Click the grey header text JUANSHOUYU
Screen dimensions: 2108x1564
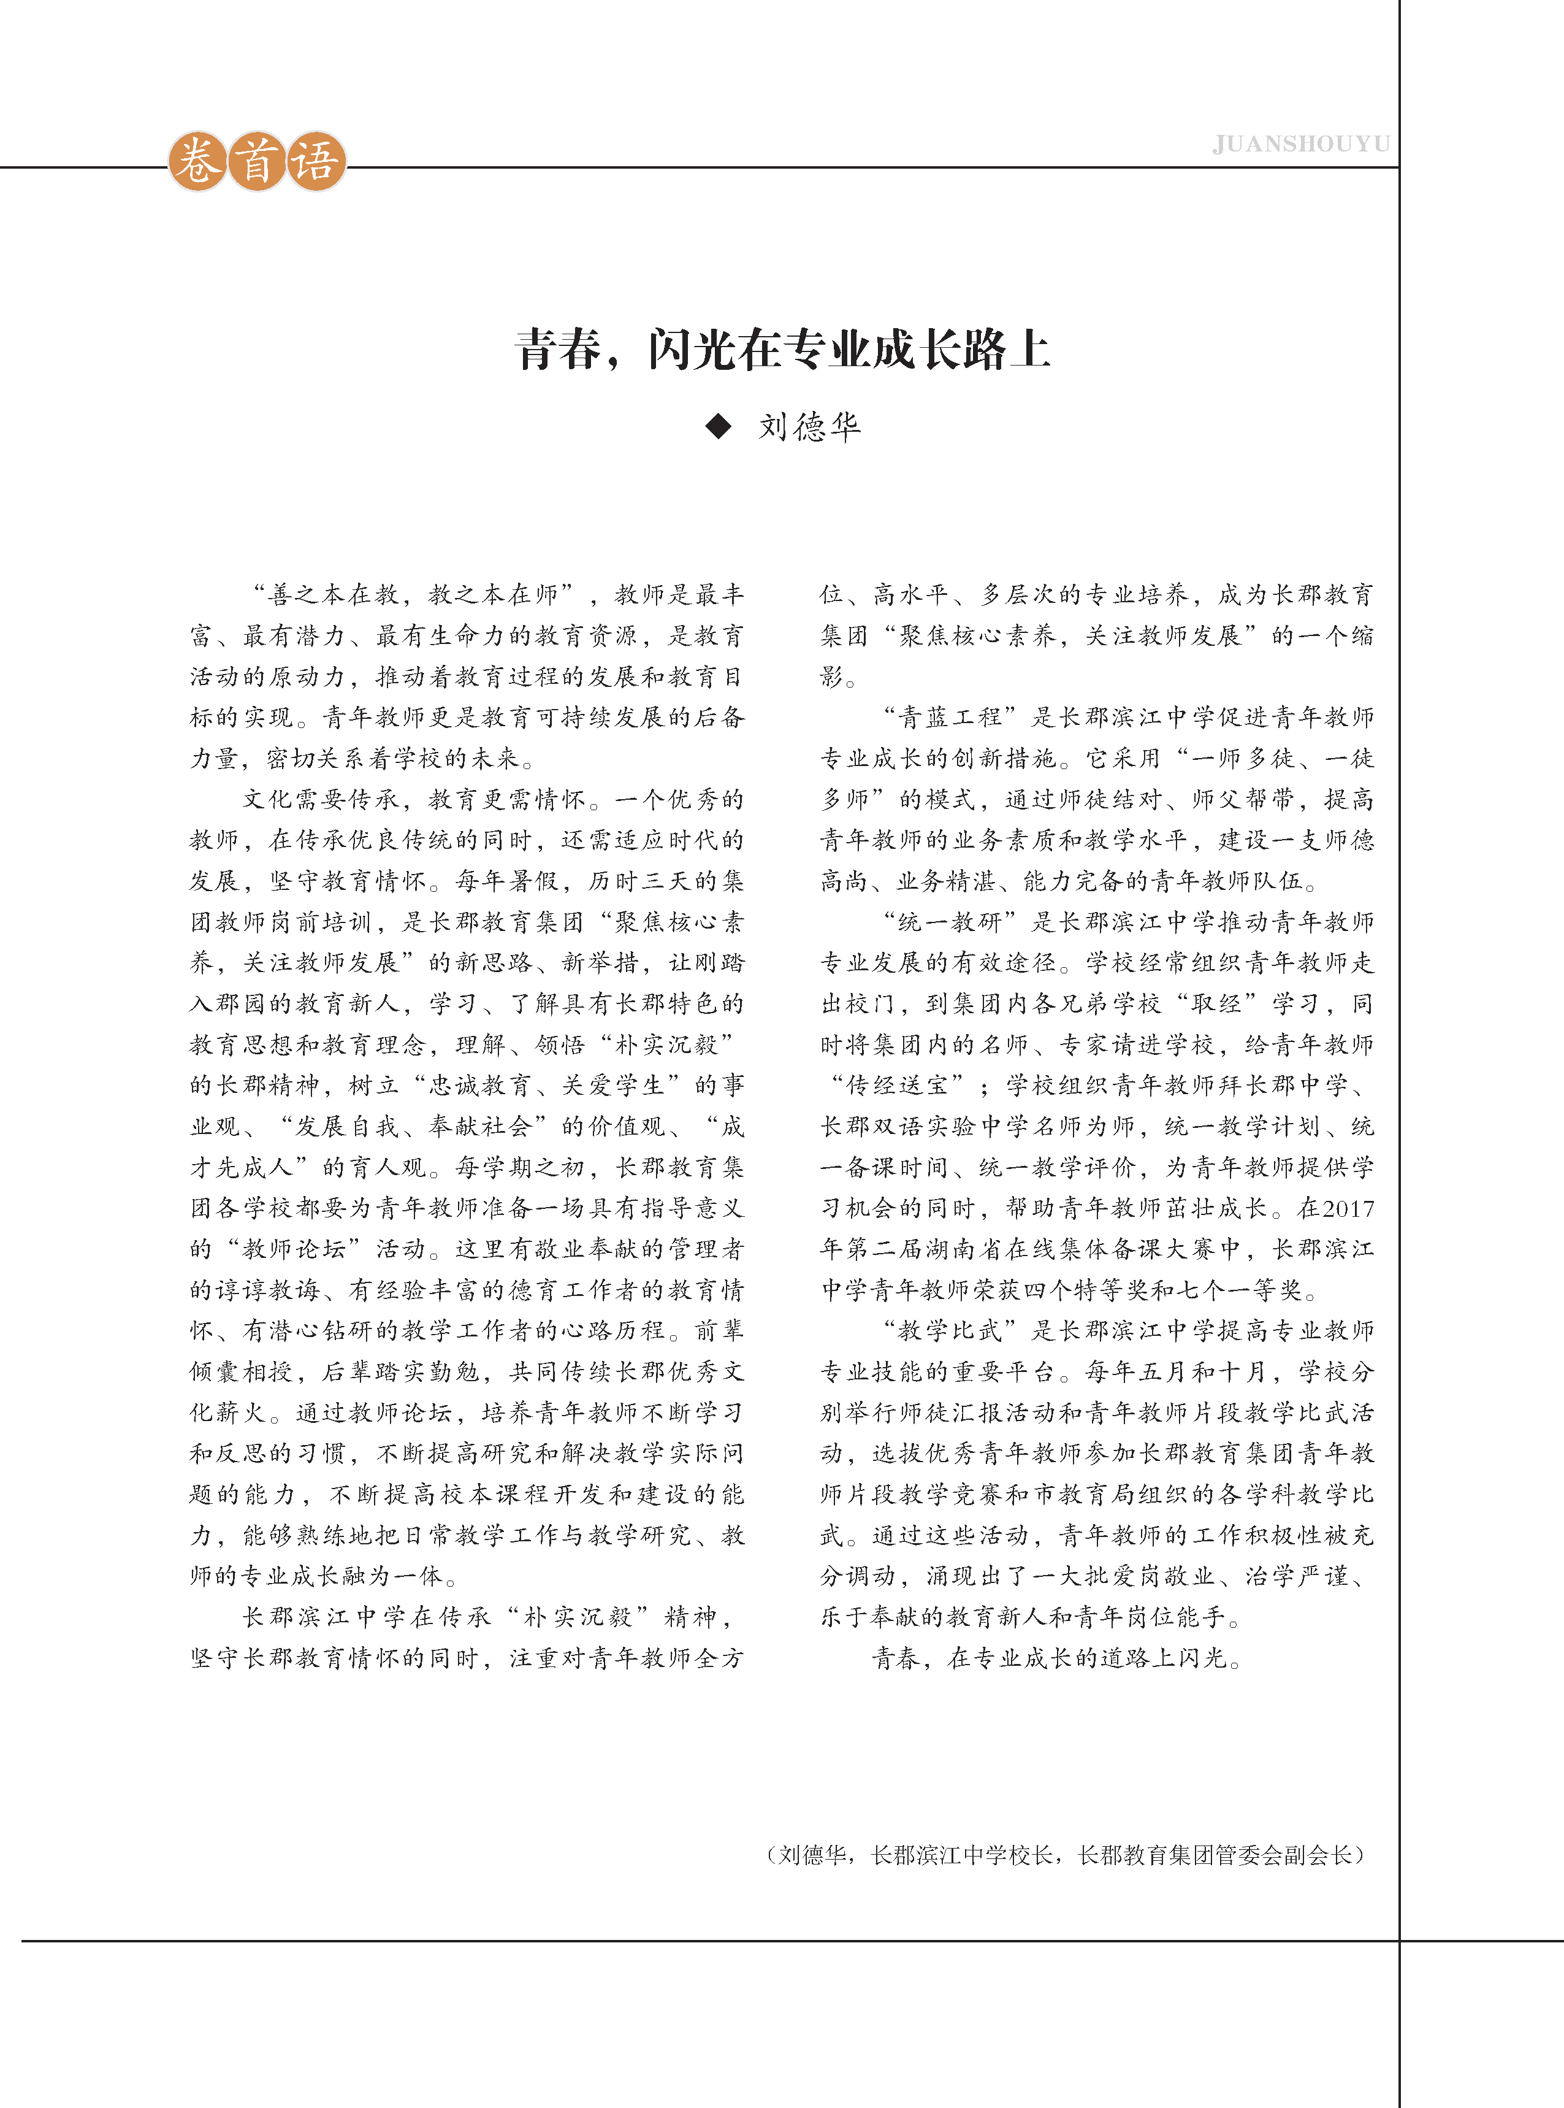1301,144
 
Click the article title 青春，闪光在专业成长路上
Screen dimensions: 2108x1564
782,350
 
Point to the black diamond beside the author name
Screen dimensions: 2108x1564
719,427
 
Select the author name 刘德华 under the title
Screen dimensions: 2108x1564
809,427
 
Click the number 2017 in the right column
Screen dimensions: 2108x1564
1348,1208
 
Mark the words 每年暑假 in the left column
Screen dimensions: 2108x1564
508,881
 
